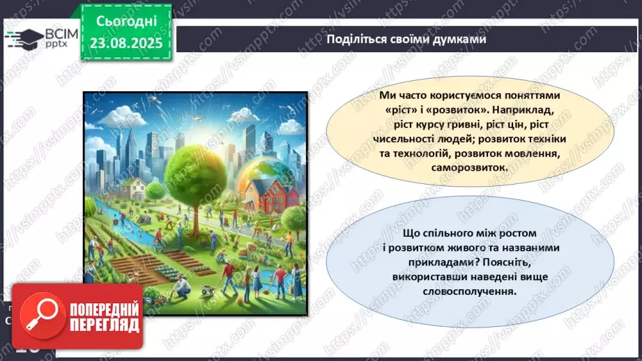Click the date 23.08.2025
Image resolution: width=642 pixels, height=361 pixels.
[x=126, y=43]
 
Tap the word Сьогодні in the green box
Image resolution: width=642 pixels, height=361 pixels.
[x=126, y=22]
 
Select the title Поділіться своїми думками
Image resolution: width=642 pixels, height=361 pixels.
[x=406, y=39]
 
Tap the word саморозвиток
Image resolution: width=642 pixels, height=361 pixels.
[x=469, y=167]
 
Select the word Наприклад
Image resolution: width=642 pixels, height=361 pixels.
[x=523, y=110]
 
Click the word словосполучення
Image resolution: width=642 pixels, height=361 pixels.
[x=469, y=291]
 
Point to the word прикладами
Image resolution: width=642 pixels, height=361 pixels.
[x=443, y=262]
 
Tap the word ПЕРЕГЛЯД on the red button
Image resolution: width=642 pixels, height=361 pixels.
[x=105, y=325]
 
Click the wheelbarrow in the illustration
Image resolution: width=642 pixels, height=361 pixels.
[x=208, y=289]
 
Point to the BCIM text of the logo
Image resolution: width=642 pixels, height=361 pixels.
[x=61, y=34]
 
